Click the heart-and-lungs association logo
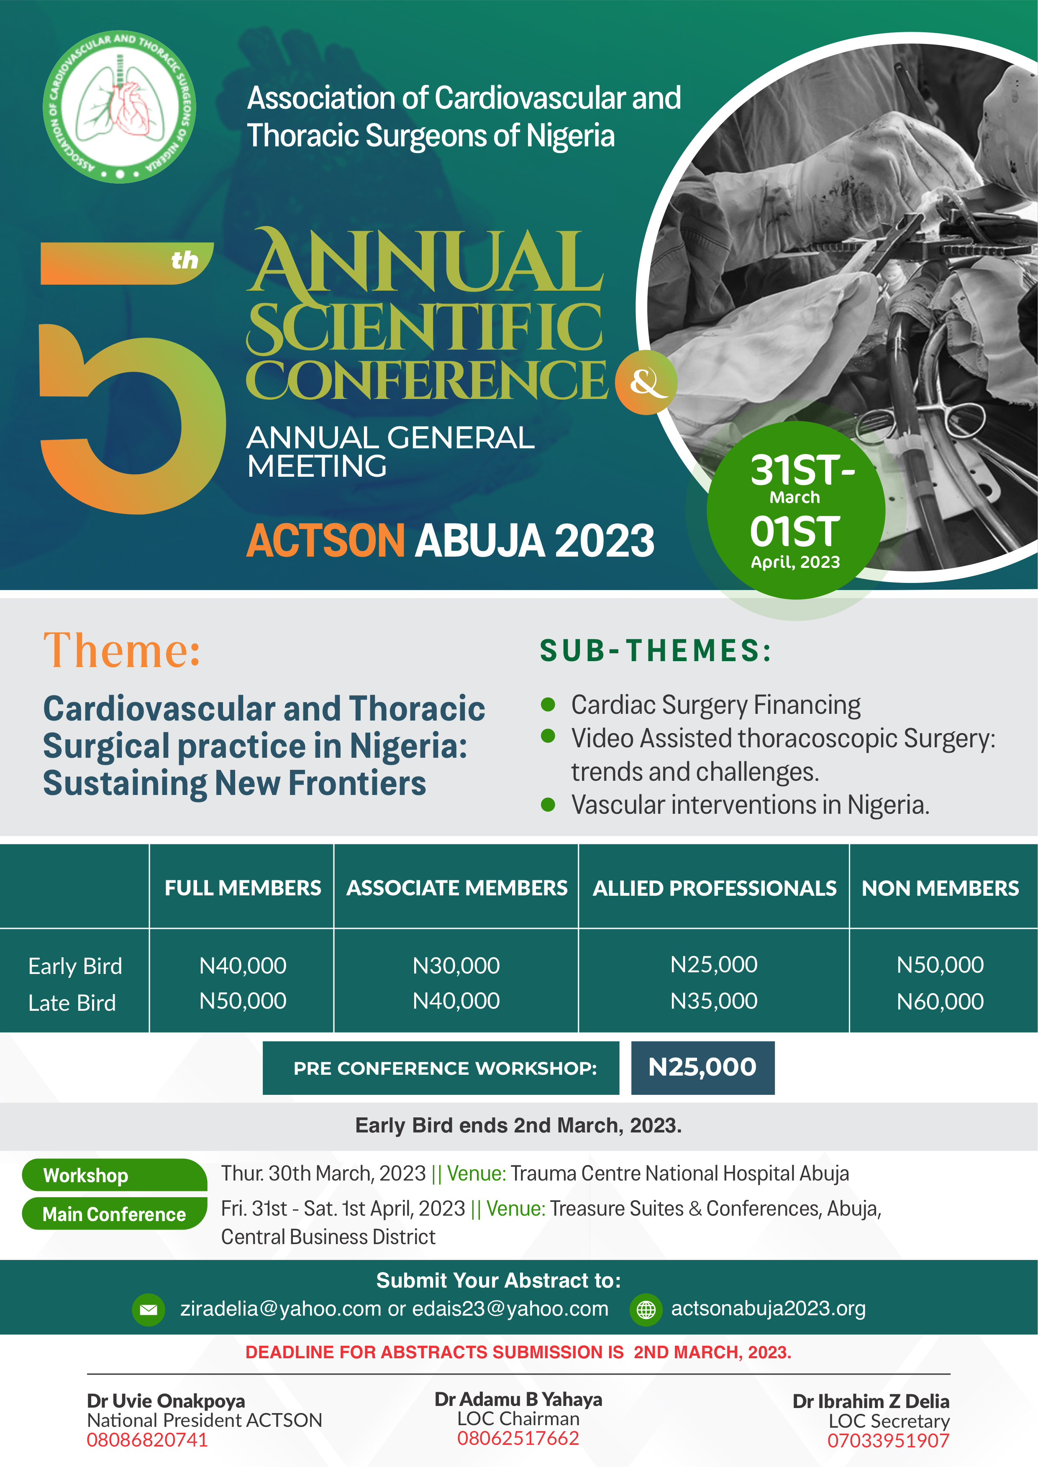click(120, 107)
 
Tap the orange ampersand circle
click(646, 382)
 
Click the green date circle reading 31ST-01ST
click(796, 510)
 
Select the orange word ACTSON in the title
click(325, 541)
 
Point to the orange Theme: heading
click(122, 650)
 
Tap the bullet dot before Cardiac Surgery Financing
click(548, 704)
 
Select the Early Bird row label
click(75, 966)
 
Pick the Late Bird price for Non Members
click(940, 1001)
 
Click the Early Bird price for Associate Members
click(456, 966)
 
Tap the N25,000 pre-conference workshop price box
click(702, 1068)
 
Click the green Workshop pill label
click(114, 1175)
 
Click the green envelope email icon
click(148, 1310)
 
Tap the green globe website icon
click(646, 1310)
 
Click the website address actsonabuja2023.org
click(768, 1308)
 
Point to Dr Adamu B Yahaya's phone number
click(518, 1438)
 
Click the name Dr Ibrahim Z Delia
click(871, 1401)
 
